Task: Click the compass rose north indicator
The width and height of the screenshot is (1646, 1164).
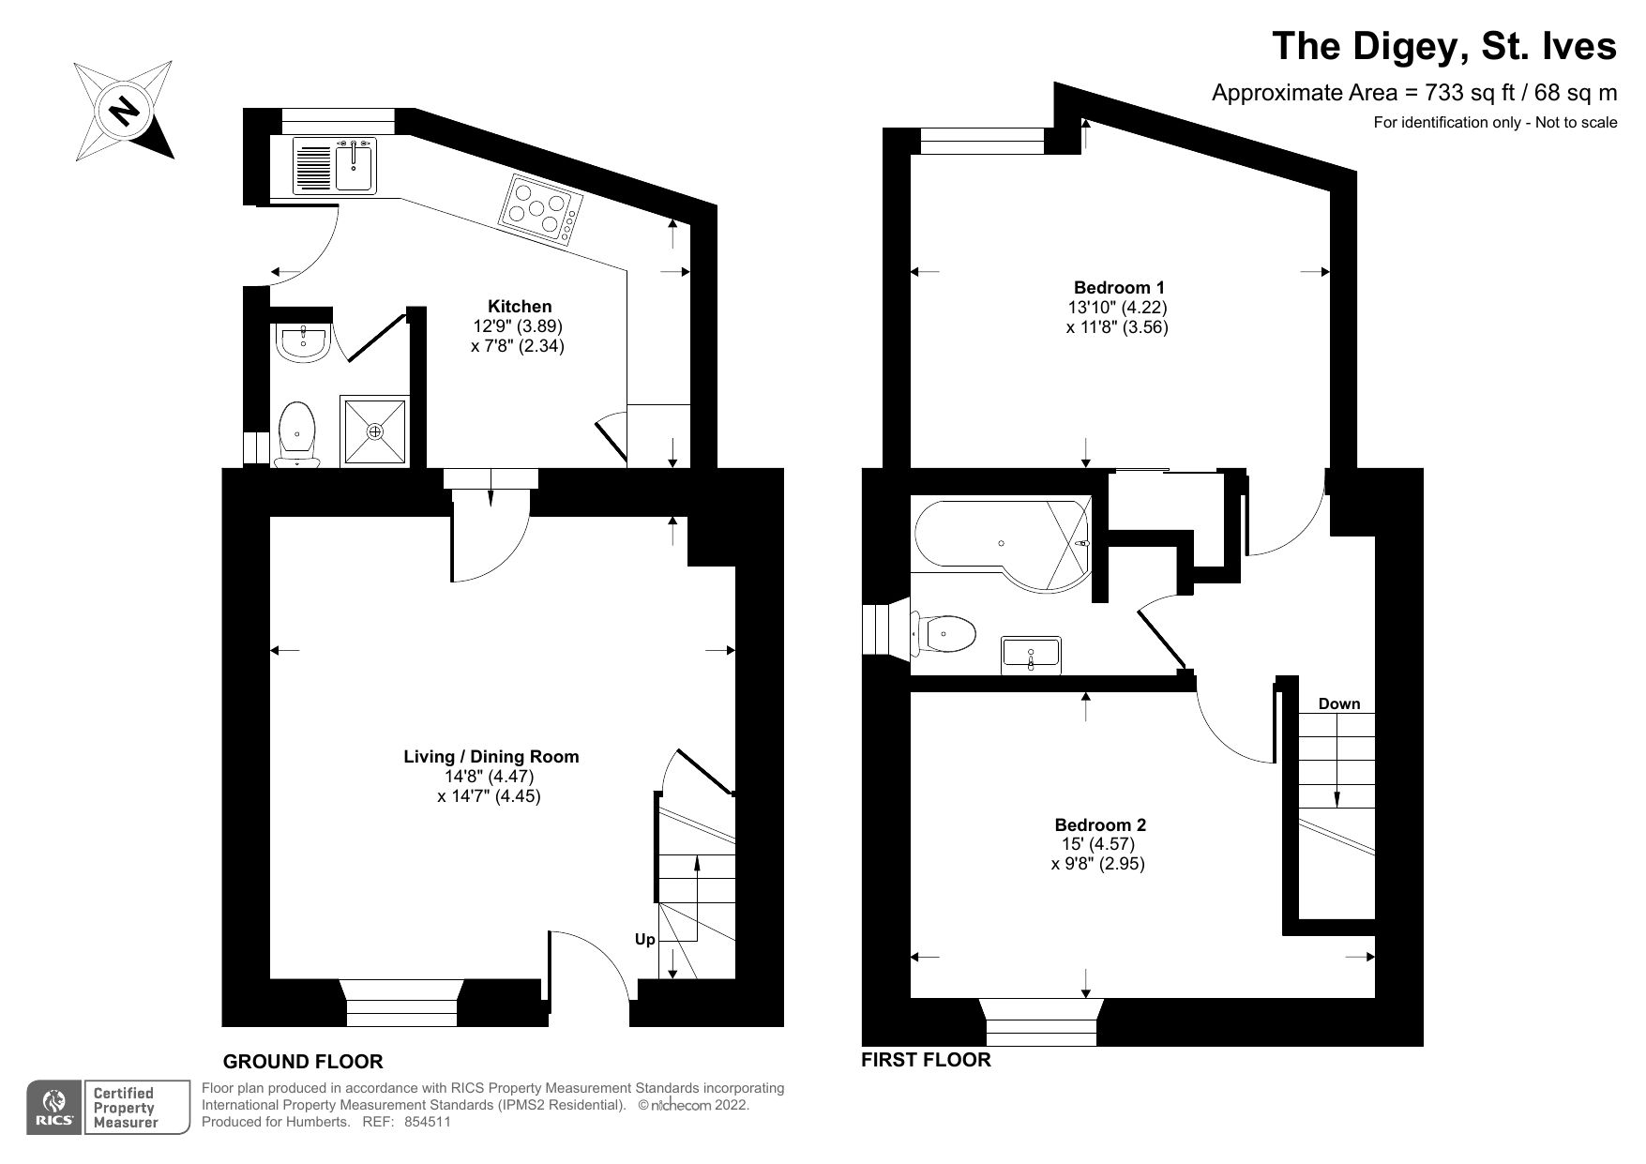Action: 124,111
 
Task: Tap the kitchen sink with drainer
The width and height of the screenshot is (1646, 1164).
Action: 334,166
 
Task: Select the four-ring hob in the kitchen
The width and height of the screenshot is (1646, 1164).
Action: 542,209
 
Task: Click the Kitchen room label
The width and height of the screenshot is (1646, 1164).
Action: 520,307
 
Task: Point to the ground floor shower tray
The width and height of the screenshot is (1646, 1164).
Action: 375,431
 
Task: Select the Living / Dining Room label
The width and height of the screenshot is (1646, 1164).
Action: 491,756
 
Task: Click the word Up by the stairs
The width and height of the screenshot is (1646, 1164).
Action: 645,939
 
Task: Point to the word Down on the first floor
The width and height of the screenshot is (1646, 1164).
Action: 1338,703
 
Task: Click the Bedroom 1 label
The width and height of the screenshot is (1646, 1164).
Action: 1119,287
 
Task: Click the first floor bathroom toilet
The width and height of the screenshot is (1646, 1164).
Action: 945,635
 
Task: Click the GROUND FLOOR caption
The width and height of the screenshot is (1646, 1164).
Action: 303,1062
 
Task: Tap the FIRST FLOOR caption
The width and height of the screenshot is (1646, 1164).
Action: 926,1060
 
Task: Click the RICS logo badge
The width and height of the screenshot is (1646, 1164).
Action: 54,1108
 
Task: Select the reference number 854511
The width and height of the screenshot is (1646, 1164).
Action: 428,1122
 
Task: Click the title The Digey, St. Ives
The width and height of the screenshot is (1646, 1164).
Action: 1443,46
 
